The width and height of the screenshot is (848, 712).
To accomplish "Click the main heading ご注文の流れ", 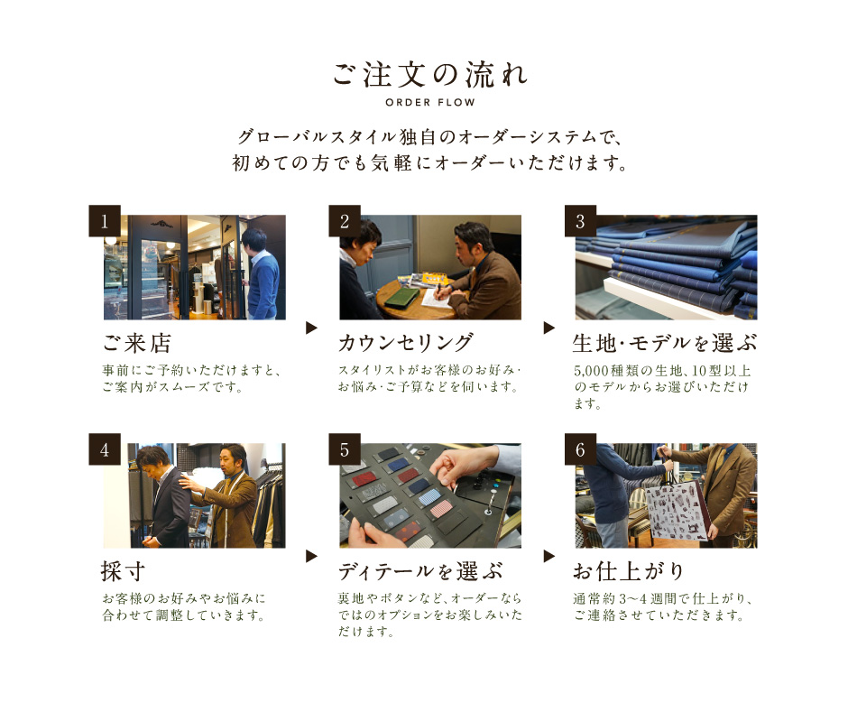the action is (430, 75).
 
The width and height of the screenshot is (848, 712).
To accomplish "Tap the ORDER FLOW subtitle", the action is (430, 102).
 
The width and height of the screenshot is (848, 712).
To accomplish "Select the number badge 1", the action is (105, 221).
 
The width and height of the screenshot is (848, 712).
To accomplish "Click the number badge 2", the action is (345, 221).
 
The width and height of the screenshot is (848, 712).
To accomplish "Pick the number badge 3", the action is (580, 221).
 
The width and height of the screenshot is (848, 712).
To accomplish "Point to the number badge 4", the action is (105, 449).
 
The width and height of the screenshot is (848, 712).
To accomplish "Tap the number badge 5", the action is (345, 449).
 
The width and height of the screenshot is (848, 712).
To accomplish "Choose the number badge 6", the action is (580, 449).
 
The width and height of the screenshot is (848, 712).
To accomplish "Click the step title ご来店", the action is (137, 343).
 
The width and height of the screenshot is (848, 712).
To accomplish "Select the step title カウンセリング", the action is (406, 343).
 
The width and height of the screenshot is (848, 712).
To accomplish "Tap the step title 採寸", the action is (123, 571).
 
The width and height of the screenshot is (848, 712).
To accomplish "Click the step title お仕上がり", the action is (629, 571).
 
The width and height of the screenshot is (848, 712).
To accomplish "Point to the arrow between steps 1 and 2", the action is (311, 328).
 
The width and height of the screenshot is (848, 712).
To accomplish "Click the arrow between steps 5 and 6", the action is (548, 556).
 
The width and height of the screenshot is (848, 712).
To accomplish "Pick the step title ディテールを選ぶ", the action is (420, 571).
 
